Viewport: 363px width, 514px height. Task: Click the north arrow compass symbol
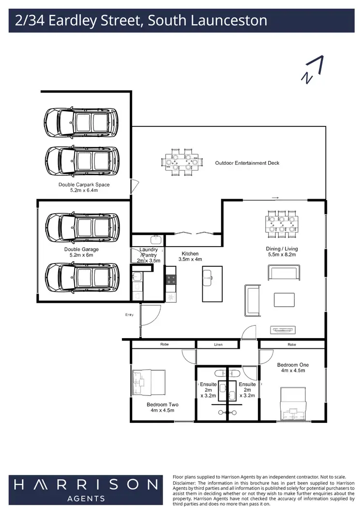coord(313,70)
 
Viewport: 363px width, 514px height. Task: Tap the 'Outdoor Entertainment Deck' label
coord(247,163)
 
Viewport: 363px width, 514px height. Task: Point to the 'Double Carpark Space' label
coord(84,185)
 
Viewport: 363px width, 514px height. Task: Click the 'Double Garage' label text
coord(81,249)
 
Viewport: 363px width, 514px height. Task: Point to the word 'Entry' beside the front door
coord(129,315)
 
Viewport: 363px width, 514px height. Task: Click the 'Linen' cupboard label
coord(218,345)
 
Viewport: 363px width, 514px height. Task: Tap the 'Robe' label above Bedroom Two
coord(165,345)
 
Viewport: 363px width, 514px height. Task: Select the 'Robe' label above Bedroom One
coord(291,345)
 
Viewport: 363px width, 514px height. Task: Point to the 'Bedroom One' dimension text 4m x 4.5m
coord(293,371)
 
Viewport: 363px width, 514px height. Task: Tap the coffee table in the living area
coord(284,299)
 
